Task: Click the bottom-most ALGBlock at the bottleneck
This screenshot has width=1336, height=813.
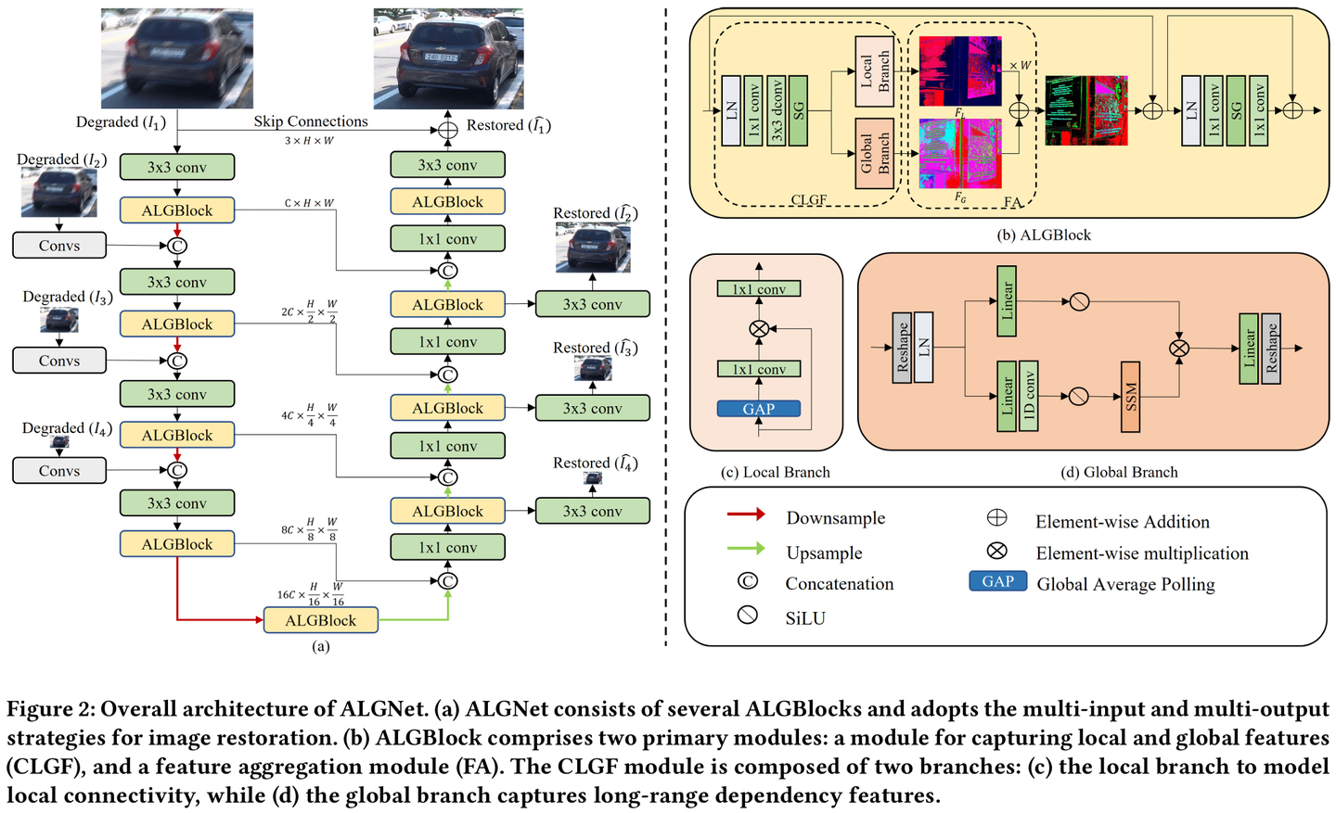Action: (x=320, y=620)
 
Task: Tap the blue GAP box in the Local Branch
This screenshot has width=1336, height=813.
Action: (x=758, y=409)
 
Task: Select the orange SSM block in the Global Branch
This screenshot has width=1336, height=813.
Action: (x=1130, y=396)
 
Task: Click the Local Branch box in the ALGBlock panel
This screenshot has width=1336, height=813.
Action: (x=874, y=71)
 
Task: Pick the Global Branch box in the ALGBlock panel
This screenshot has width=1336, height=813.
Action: (x=874, y=153)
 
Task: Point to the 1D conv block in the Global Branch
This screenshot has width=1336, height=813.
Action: (x=1028, y=396)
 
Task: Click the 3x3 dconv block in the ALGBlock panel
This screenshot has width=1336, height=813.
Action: (x=777, y=111)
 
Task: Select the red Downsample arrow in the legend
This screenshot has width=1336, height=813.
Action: (x=746, y=514)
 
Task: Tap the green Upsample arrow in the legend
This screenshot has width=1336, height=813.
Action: (x=746, y=549)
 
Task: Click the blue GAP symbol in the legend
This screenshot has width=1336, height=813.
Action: (x=997, y=581)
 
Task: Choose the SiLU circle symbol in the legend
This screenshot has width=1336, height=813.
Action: (x=747, y=615)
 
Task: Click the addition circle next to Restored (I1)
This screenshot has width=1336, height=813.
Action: (x=447, y=130)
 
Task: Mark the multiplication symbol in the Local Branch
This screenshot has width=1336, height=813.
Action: (x=759, y=329)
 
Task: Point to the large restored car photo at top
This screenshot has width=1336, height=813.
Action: (x=448, y=58)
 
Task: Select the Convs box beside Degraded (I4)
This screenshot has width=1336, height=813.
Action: (x=59, y=471)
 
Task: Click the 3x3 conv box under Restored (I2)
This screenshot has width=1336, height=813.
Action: (x=592, y=304)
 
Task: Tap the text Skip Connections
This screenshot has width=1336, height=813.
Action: (x=311, y=121)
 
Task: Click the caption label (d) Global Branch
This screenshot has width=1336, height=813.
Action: (x=1119, y=472)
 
